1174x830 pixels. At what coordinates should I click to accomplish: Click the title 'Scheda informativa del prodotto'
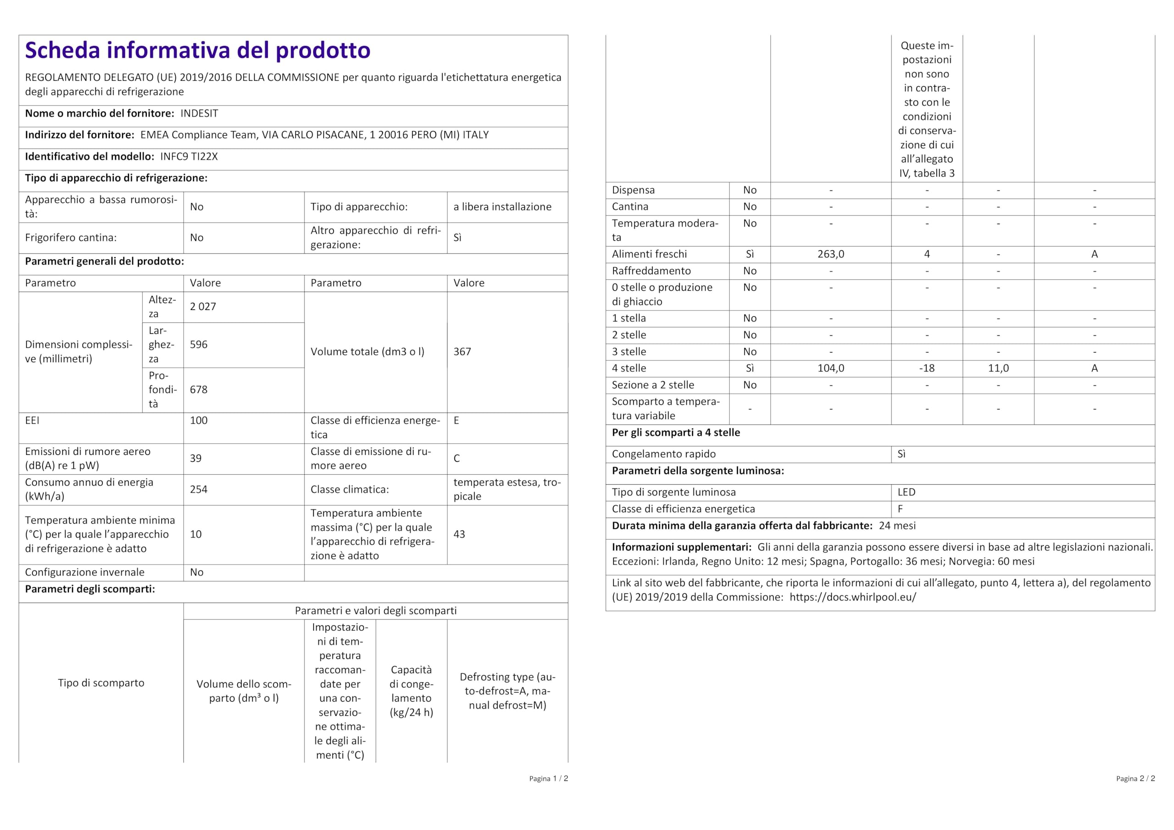pos(197,50)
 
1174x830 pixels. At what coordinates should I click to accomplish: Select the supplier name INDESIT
pos(199,114)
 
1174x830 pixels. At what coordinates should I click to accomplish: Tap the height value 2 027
pos(203,307)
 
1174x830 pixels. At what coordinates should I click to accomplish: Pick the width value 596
pos(199,345)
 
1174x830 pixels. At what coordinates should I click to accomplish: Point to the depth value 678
pos(199,390)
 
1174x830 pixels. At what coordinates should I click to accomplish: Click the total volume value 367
pos(462,352)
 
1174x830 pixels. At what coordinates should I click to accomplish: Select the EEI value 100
pos(199,421)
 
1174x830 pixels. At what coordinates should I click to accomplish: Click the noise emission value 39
pos(195,459)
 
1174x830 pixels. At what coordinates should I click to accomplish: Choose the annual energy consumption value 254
pos(199,489)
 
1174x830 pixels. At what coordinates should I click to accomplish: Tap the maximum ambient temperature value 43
pos(459,534)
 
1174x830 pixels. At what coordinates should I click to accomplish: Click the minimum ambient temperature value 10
pos(195,534)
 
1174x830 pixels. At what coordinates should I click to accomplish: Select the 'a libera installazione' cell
pos(502,207)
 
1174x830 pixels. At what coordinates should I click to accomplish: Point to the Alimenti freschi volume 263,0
pos(831,254)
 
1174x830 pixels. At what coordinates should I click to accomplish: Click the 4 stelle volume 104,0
pos(831,368)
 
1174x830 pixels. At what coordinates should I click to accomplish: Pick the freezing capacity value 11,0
pos(997,368)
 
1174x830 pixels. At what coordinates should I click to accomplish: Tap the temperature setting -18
pos(926,368)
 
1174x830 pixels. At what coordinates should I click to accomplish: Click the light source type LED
pos(906,492)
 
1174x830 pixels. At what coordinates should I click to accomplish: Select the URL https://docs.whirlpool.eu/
pos(853,598)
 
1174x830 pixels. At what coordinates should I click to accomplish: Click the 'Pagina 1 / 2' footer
pos(548,779)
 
